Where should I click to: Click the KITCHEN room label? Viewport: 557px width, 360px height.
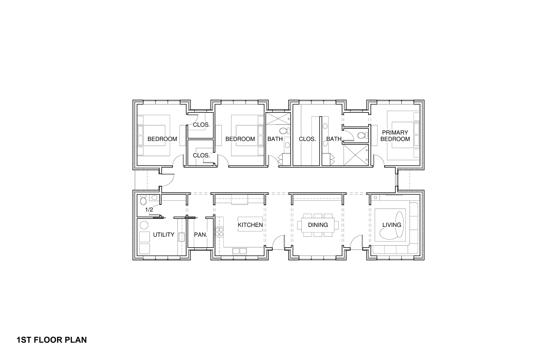[x=250, y=225]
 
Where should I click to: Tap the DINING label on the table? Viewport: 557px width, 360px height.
[x=318, y=225]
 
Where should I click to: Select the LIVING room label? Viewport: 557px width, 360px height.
[x=392, y=225]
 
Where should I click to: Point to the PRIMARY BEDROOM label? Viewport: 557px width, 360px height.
[x=395, y=136]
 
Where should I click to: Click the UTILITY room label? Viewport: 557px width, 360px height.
[x=164, y=235]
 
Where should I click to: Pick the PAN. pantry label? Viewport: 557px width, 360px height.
[x=200, y=235]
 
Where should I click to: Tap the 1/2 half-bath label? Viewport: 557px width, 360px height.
[x=149, y=209]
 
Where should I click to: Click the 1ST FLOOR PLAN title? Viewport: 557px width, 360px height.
[x=52, y=340]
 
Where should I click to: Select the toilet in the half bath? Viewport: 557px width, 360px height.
[x=143, y=200]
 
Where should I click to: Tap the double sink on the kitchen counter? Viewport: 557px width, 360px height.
[x=239, y=251]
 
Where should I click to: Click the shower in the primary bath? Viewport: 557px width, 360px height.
[x=355, y=155]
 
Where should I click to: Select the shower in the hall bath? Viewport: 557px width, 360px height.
[x=278, y=119]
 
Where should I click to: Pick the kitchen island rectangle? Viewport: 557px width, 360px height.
[x=250, y=224]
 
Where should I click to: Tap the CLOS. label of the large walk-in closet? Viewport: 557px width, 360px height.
[x=307, y=139]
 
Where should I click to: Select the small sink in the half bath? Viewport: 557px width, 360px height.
[x=154, y=198]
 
